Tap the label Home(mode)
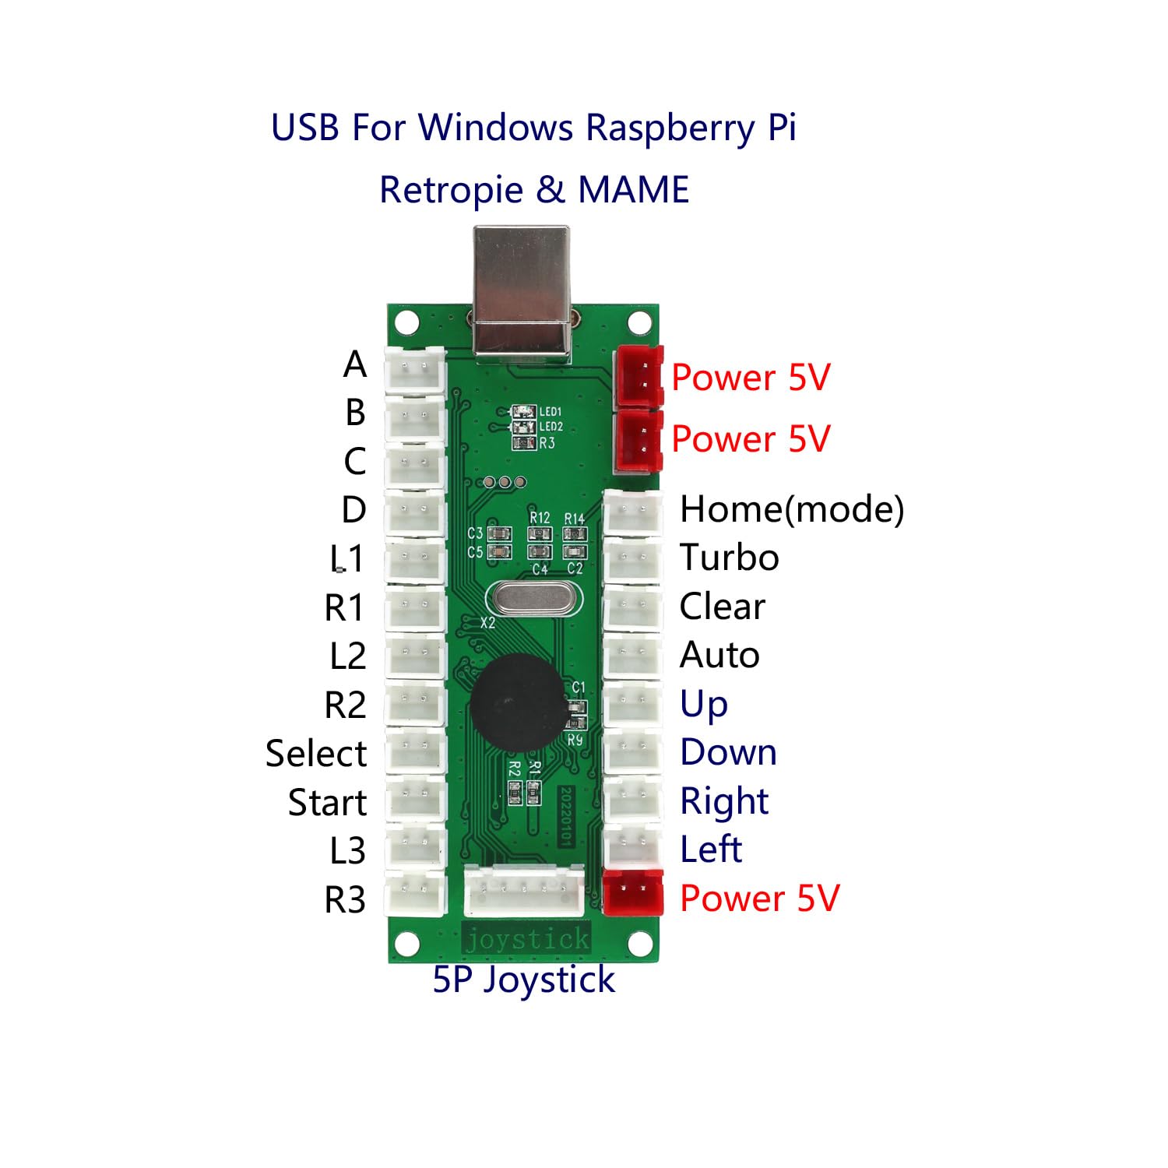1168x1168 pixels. [791, 510]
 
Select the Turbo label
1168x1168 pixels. [729, 558]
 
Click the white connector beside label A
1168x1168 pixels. [415, 367]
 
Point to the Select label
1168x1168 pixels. [315, 754]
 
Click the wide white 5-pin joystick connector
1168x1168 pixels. [523, 892]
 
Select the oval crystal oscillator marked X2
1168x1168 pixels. [533, 599]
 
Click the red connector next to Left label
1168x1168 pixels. [633, 892]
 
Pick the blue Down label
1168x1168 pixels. [728, 752]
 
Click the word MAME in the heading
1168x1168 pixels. [633, 190]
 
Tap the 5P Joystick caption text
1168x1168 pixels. [523, 980]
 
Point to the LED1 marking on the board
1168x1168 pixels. [550, 411]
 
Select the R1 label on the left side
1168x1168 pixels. [344, 608]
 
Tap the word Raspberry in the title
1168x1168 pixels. [670, 128]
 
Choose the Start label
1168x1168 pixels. [327, 803]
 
